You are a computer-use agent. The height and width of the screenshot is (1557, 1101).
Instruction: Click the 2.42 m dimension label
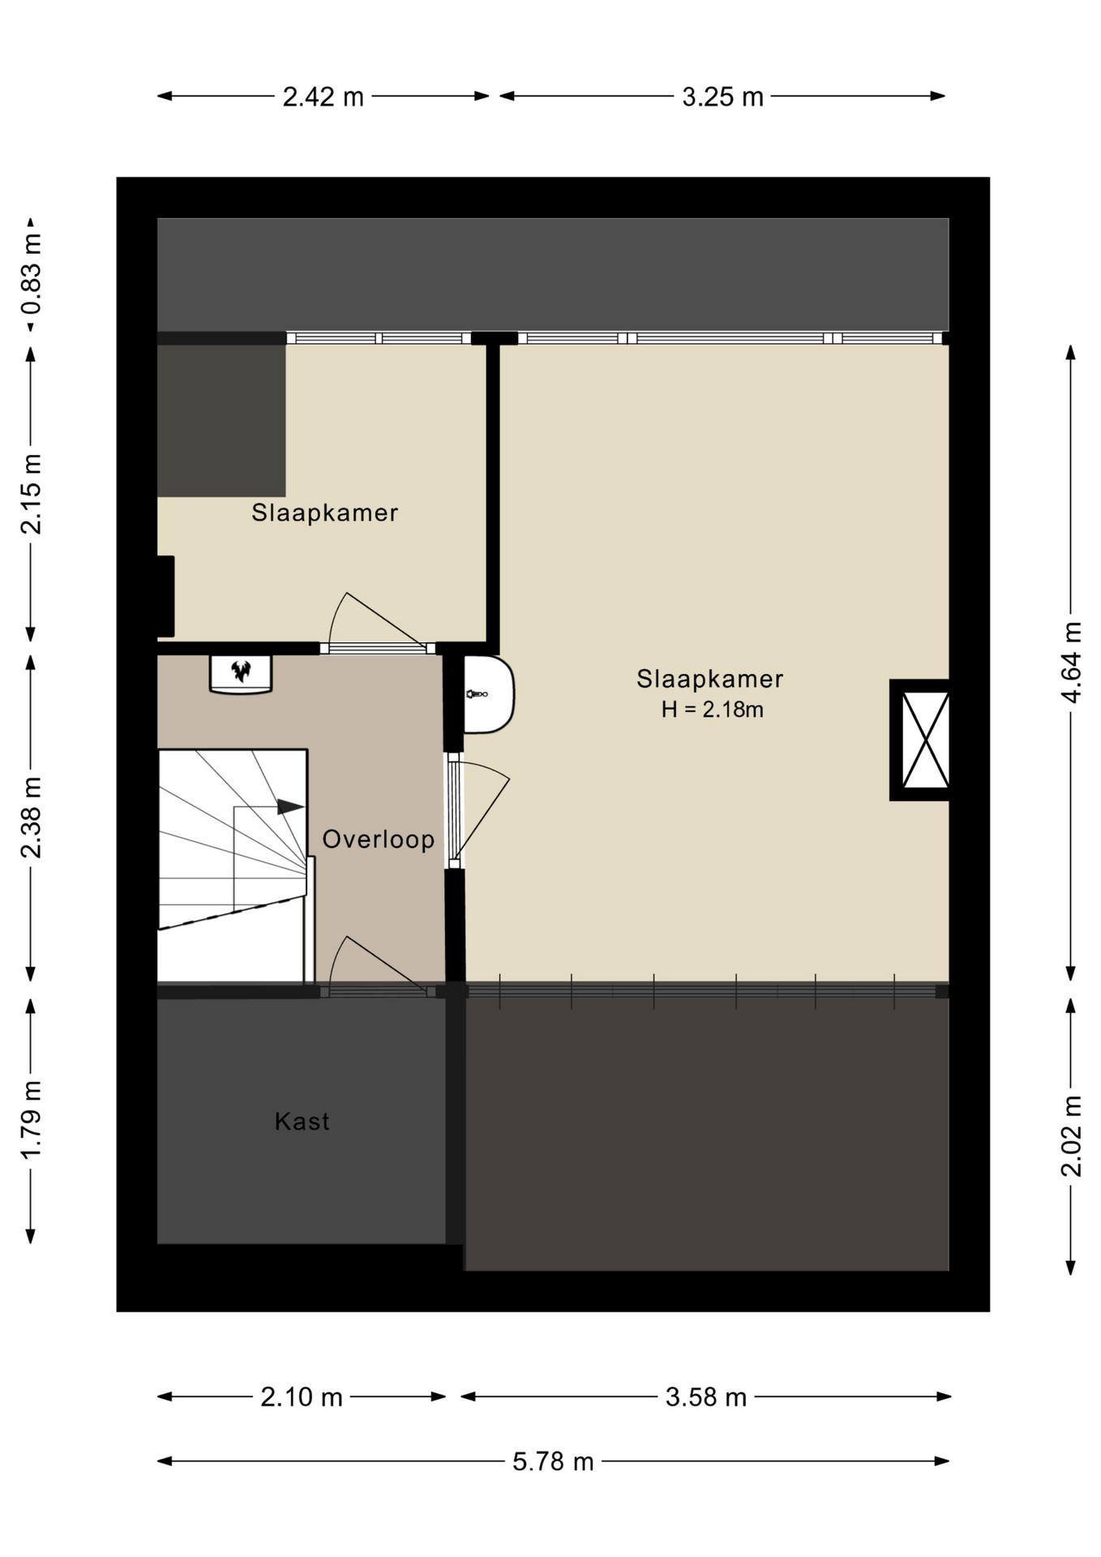point(323,97)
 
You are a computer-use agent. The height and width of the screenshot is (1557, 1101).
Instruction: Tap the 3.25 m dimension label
point(722,97)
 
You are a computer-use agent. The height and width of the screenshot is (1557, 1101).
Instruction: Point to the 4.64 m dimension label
point(1071,663)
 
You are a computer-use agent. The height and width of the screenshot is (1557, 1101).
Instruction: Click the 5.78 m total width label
point(553,1461)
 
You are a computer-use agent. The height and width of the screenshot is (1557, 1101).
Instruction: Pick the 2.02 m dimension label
point(1071,1135)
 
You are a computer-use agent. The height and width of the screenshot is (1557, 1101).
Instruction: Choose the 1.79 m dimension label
point(32,1120)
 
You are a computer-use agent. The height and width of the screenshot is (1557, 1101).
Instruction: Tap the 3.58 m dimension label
point(705,1396)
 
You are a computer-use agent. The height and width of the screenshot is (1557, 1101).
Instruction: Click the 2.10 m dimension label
point(302,1396)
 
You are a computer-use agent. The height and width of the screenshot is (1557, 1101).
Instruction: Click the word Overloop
point(379,839)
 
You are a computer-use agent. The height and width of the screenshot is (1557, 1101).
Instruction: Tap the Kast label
point(302,1122)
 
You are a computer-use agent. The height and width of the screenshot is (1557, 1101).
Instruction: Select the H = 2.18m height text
point(712,710)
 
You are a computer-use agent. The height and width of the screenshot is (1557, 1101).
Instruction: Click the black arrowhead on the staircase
point(290,807)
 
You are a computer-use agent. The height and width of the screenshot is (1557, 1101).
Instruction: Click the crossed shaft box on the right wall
point(920,740)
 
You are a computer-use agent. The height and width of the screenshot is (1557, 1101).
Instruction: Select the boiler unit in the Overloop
point(241,674)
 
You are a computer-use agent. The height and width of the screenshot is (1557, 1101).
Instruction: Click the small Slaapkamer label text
point(324,513)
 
